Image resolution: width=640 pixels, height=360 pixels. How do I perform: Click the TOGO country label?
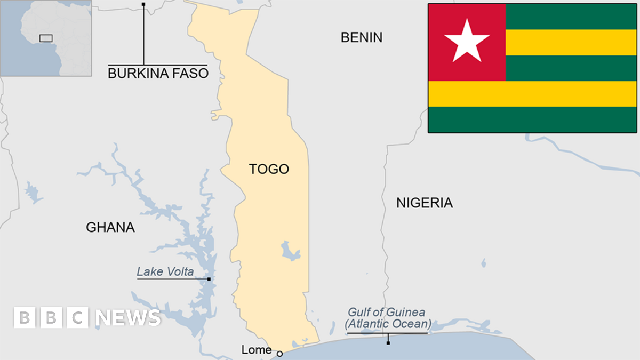[269, 169]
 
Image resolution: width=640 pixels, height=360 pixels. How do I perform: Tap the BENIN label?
[362, 37]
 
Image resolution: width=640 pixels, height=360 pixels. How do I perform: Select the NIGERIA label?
[424, 203]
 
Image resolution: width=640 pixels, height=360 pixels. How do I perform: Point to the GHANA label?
[110, 227]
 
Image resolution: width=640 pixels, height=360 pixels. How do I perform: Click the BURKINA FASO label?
[158, 74]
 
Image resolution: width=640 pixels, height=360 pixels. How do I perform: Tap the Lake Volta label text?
[165, 271]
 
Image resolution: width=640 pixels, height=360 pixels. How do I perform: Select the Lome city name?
[257, 350]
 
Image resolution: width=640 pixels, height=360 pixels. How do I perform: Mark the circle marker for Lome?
[279, 353]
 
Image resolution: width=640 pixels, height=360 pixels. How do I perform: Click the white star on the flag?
[467, 41]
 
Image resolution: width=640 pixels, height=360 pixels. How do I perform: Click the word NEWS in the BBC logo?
[128, 318]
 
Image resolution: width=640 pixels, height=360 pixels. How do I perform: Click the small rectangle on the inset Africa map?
[46, 38]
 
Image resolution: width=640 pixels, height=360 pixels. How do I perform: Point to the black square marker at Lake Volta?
[209, 279]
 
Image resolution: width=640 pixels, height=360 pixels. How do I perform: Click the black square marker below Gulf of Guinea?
[388, 342]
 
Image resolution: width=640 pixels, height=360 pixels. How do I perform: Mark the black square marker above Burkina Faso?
[143, 4]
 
